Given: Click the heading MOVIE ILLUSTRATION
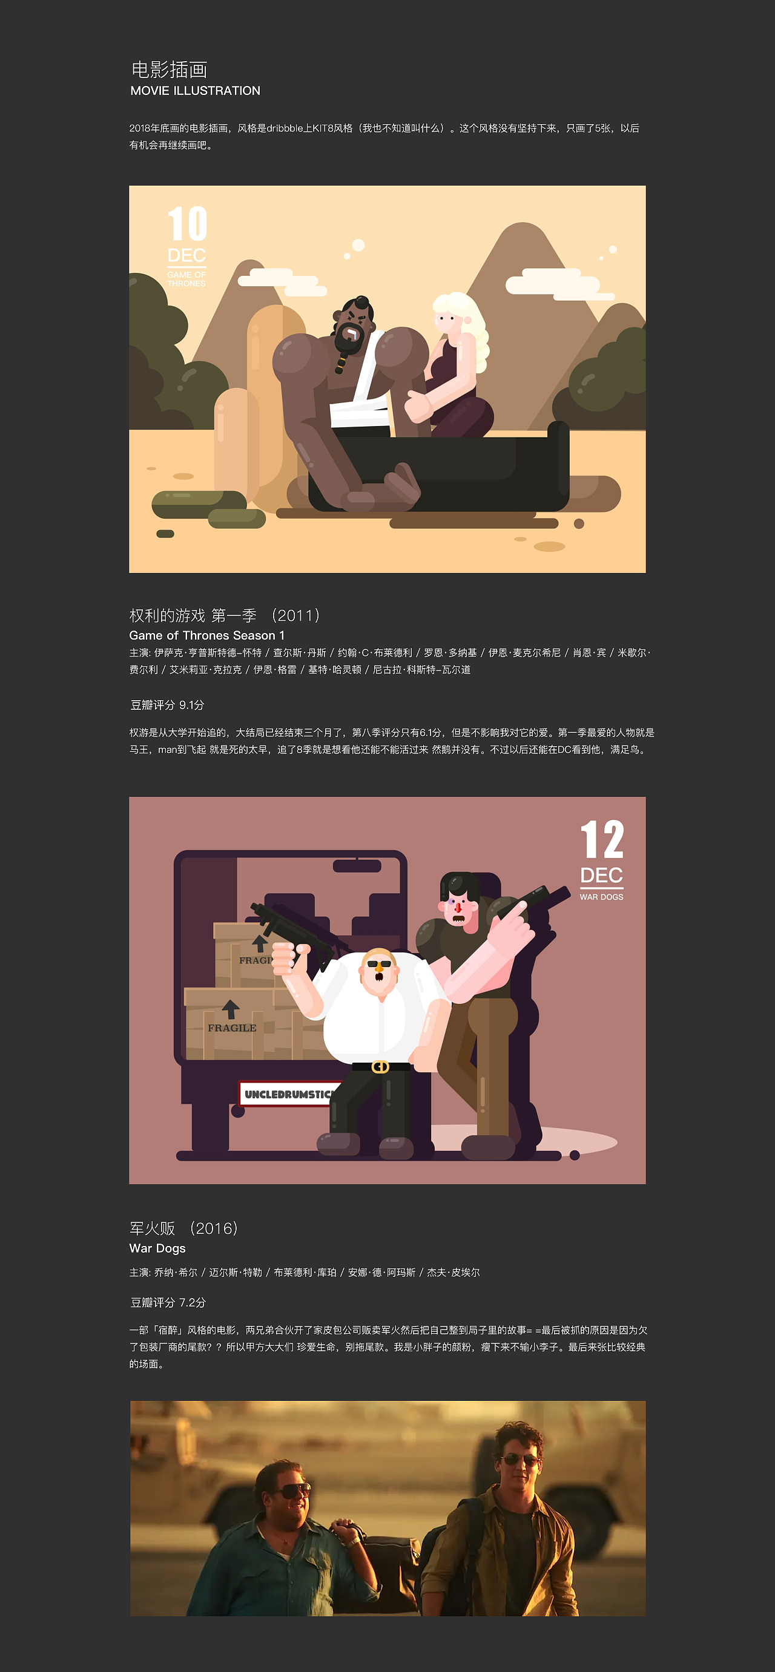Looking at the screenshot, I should coord(195,91).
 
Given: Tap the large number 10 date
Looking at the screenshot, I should coord(187,224).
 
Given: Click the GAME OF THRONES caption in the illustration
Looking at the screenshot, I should coord(186,279).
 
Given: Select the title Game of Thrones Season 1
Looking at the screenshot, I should coord(206,635).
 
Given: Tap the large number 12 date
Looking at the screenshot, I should coord(602,840).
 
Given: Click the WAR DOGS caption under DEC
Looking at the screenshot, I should coord(602,897).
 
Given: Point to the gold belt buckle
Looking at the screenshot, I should coord(380,1067).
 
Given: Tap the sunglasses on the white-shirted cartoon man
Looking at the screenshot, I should coord(380,964).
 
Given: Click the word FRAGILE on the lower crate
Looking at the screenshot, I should coord(232,1028).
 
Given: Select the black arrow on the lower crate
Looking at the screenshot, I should coord(230,1009).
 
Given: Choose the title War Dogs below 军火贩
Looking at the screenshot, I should coord(157,1248).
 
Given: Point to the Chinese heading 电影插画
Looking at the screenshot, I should coord(169,70).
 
